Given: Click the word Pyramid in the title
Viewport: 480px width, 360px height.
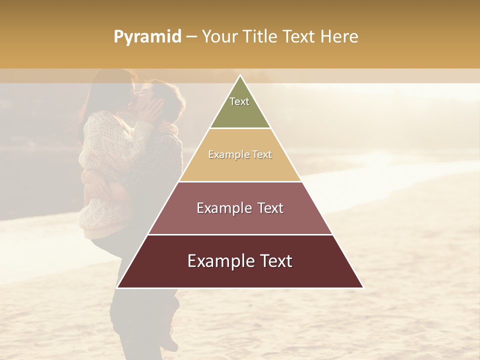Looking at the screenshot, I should click(x=147, y=37).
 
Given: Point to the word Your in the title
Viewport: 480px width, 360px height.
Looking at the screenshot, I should click(x=218, y=36).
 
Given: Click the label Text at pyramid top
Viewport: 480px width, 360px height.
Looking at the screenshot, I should click(x=239, y=101).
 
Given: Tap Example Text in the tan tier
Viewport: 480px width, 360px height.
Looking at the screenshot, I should click(x=240, y=154).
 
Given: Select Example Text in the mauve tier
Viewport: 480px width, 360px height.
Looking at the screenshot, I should click(x=240, y=208).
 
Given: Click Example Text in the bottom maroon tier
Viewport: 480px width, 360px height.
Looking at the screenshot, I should click(x=240, y=261).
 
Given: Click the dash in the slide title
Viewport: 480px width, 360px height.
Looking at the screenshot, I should click(x=191, y=37).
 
